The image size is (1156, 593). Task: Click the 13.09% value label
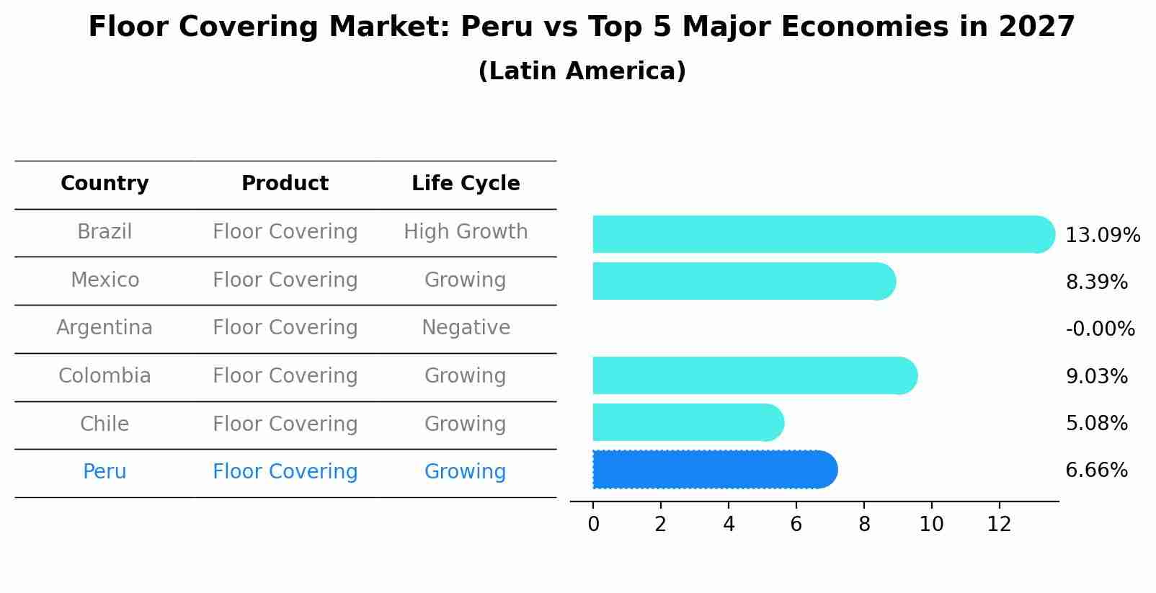pyautogui.click(x=1102, y=236)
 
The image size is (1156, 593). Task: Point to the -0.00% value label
pyautogui.click(x=1100, y=329)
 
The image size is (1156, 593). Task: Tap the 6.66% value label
pyautogui.click(x=1096, y=471)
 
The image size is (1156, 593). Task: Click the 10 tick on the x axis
pyautogui.click(x=931, y=525)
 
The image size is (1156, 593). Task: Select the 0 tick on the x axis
pyautogui.click(x=593, y=525)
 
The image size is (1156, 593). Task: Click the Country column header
pyautogui.click(x=105, y=184)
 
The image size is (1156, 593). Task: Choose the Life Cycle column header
pyautogui.click(x=466, y=184)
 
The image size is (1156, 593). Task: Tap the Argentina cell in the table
pyautogui.click(x=105, y=328)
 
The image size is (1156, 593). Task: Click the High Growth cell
pyautogui.click(x=466, y=232)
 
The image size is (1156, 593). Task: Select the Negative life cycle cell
pyautogui.click(x=466, y=328)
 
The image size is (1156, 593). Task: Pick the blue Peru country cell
pyautogui.click(x=105, y=472)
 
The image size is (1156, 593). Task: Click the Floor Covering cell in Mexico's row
pyautogui.click(x=285, y=280)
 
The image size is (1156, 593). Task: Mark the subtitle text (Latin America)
pyautogui.click(x=582, y=71)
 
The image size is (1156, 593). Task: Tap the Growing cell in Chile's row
pyautogui.click(x=465, y=424)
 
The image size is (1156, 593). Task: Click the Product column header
pyautogui.click(x=285, y=184)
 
